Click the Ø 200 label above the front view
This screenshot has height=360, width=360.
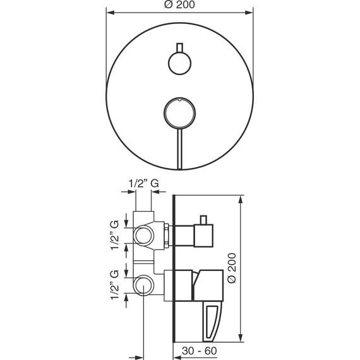179,4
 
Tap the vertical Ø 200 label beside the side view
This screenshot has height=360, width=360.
231,268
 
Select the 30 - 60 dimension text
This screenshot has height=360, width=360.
200,351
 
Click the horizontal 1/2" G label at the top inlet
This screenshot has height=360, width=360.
143,183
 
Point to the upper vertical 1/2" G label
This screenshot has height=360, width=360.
114,235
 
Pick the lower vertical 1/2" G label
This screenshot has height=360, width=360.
114,285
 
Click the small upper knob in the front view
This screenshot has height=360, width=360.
179,63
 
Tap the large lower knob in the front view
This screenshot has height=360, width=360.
179,112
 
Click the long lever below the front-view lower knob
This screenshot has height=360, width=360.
179,149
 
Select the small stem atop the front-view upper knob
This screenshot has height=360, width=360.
179,47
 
